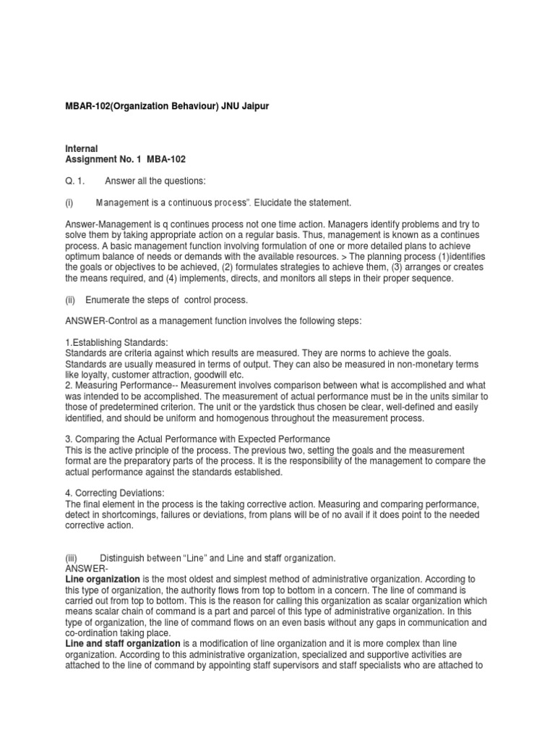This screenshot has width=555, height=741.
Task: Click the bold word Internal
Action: point(82,148)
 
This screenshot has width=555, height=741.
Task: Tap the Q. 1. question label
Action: point(75,180)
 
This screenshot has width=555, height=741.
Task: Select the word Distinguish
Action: point(128,558)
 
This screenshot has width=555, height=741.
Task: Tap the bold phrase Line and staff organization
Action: point(123,643)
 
